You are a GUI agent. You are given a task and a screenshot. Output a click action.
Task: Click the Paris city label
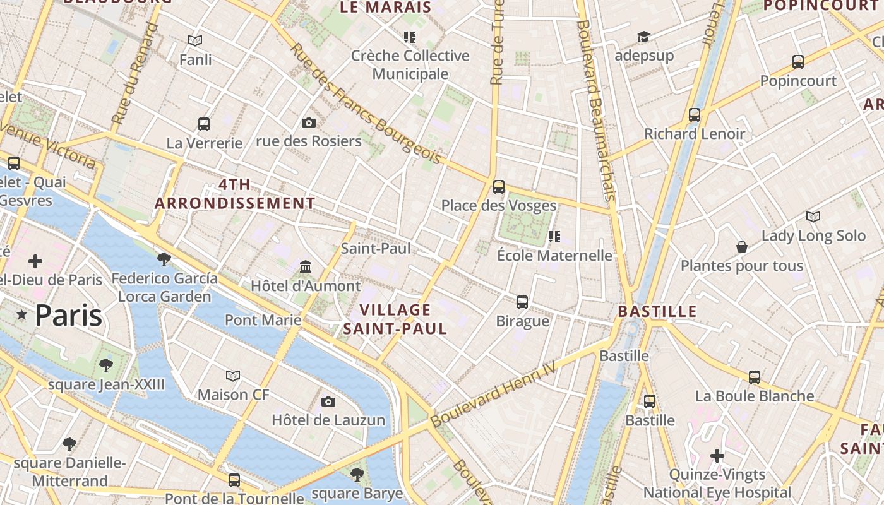coord(68,315)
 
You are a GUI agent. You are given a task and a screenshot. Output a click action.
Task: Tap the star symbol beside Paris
coord(22,314)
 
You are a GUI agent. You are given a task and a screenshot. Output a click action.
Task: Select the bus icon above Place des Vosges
coord(499,186)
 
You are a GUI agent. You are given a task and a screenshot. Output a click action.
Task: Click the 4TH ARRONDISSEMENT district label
coord(235,194)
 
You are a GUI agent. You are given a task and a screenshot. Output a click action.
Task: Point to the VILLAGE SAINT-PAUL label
coord(395,319)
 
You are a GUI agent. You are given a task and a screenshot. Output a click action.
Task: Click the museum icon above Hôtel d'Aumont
coord(306,266)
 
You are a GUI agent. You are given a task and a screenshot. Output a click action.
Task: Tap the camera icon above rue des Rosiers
coord(309,122)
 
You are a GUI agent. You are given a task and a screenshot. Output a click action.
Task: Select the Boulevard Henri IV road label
coord(496,395)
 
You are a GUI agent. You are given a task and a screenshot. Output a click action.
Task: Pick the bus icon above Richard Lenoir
coord(695,115)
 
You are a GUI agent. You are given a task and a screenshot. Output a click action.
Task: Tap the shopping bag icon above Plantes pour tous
coord(742,247)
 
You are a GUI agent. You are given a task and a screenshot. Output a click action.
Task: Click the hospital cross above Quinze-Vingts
coord(717,455)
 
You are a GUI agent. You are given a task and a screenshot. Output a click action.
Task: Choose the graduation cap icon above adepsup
coord(643,37)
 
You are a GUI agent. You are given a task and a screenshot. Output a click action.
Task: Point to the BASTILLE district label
coord(657,311)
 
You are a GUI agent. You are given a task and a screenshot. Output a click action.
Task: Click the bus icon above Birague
coord(522,302)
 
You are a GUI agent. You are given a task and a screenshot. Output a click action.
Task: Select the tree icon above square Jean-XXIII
coord(106,365)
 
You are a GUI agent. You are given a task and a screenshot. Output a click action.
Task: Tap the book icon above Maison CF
coord(233,376)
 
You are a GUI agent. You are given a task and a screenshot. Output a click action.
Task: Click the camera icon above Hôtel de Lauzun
coord(328,401)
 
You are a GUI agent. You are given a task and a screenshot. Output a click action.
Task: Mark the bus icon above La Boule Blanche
coord(755,377)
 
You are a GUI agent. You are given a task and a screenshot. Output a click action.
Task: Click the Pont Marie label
coord(263,320)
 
